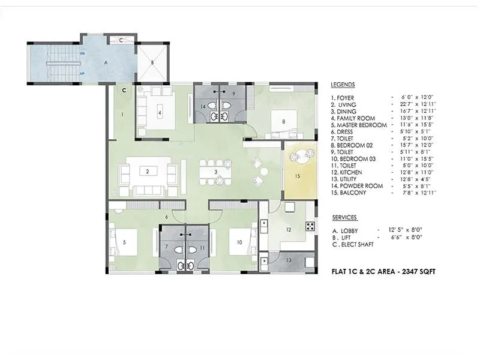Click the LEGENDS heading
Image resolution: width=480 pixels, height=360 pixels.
pyautogui.click(x=343, y=85)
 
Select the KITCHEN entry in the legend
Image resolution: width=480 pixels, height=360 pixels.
pyautogui.click(x=348, y=172)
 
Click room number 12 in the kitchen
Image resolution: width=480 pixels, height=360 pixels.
pyautogui.click(x=288, y=229)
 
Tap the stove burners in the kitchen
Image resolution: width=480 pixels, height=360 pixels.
pyautogui.click(x=310, y=226)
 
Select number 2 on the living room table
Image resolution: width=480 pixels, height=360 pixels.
pyautogui.click(x=147, y=171)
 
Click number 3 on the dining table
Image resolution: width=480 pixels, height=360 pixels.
pyautogui.click(x=215, y=172)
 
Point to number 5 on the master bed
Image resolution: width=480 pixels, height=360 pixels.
pyautogui.click(x=124, y=242)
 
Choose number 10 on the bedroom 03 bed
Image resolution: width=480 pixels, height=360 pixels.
pyautogui.click(x=239, y=242)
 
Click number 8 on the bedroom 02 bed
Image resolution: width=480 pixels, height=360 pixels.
pyautogui.click(x=283, y=121)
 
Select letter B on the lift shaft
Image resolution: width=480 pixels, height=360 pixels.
pyautogui.click(x=152, y=62)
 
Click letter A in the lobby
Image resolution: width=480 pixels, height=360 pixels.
pyautogui.click(x=106, y=61)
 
